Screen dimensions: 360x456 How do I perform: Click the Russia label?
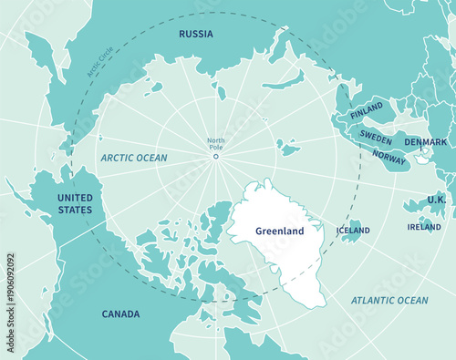196,35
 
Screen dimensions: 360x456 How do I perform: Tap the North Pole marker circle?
216,156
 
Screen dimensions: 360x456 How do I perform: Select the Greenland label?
279,231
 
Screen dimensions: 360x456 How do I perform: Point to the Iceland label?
353,231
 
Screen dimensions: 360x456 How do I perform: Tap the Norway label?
389,157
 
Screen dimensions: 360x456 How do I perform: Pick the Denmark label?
426,142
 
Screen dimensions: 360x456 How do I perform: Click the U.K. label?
436,200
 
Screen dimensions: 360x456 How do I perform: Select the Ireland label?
424,227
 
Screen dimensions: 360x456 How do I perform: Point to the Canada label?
120,314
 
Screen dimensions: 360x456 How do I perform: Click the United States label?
75,204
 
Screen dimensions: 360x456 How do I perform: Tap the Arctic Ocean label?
134,158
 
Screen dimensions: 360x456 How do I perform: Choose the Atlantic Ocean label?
389,300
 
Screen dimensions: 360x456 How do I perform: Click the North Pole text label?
216,144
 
